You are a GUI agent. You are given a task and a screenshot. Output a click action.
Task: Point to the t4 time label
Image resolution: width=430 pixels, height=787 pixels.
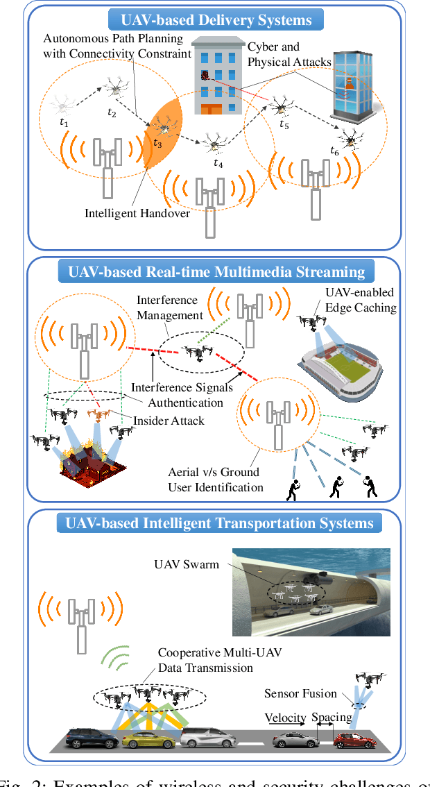click(218, 164)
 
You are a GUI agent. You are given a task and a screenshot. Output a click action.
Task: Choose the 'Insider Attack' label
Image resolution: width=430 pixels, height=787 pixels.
click(169, 421)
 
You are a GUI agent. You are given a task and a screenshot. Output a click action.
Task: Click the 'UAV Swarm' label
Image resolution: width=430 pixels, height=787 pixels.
click(186, 564)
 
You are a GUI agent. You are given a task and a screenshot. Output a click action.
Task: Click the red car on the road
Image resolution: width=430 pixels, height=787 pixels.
click(352, 740)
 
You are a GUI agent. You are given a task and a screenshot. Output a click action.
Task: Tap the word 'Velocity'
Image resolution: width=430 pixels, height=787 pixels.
click(285, 717)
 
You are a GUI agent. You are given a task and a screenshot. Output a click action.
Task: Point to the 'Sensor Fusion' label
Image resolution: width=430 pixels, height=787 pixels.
click(300, 693)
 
